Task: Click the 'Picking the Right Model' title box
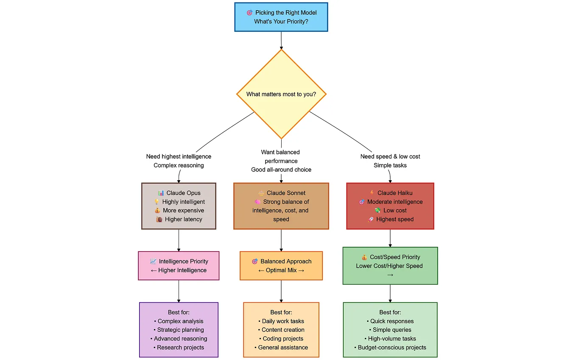point(281,17)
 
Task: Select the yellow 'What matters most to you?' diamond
point(281,94)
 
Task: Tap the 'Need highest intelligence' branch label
point(179,156)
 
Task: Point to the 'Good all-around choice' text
point(281,170)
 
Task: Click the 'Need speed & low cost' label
point(390,156)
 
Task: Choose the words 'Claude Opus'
point(183,193)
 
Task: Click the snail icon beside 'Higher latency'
point(159,219)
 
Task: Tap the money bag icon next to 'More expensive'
point(157,210)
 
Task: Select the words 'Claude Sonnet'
point(286,193)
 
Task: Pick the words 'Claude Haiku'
point(395,193)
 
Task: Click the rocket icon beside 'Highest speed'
point(371,219)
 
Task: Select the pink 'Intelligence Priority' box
point(179,265)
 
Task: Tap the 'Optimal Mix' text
point(281,270)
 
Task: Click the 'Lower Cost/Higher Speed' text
point(389,266)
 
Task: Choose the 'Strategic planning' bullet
point(179,329)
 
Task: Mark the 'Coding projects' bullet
point(281,339)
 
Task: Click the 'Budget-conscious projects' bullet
point(390,347)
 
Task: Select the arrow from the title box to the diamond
point(281,40)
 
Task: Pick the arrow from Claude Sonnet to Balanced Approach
point(281,240)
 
